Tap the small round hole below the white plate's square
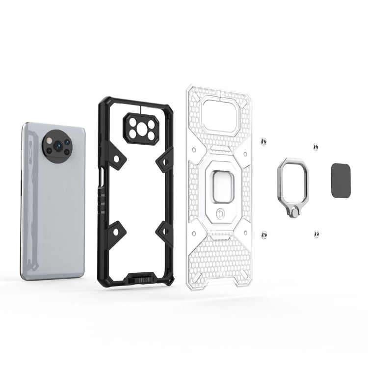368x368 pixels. pyautogui.click(x=220, y=213)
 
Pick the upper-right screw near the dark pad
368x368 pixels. pyautogui.click(x=314, y=146)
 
